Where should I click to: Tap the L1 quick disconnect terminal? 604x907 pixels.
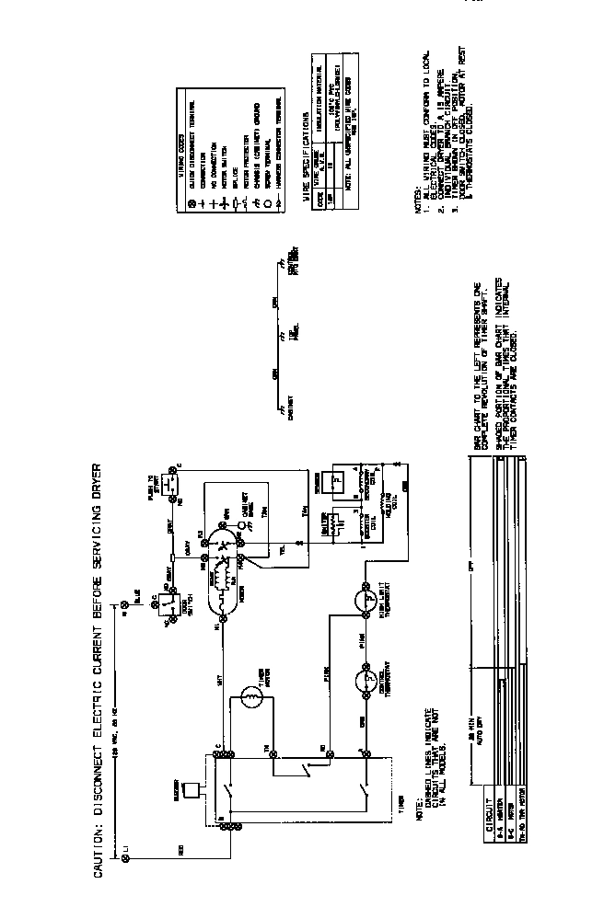point(126,857)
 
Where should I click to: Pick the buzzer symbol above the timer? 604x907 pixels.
point(191,792)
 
